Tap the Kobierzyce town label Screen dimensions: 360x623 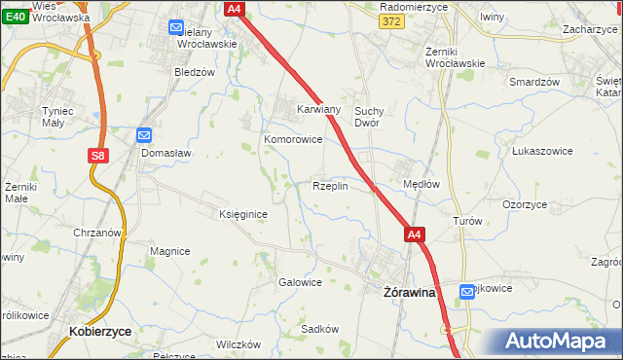pos(100,331)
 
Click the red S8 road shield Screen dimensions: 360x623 pos(97,155)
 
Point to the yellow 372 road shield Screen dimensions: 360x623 pos(392,21)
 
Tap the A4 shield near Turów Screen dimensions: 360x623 pos(415,234)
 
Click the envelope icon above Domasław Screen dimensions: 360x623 pos(144,136)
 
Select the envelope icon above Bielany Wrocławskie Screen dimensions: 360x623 pos(176,27)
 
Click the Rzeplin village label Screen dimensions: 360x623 pos(330,186)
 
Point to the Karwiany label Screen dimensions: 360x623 pos(318,109)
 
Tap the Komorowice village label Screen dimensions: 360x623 pos(293,139)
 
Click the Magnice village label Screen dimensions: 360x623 pos(169,251)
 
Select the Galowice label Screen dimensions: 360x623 pos(300,282)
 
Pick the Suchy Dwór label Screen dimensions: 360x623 pos(373,117)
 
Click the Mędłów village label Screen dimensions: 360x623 pos(421,183)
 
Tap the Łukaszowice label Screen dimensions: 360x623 pos(540,152)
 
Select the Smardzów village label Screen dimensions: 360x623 pos(534,82)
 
